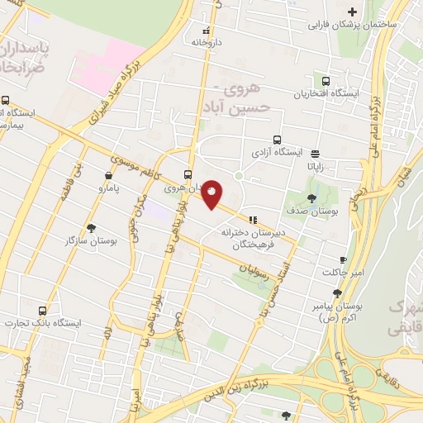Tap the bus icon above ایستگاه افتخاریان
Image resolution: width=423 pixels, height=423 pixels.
(326, 83)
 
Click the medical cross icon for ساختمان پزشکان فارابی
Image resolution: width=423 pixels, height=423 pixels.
(353, 12)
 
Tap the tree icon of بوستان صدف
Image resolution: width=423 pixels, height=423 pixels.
(311, 198)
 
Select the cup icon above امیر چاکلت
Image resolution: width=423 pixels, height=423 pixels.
(343, 259)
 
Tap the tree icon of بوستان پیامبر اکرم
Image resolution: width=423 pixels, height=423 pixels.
(337, 293)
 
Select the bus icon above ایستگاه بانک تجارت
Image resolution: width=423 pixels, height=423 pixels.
(35, 310)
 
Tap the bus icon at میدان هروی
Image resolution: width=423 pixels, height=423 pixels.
(188, 174)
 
